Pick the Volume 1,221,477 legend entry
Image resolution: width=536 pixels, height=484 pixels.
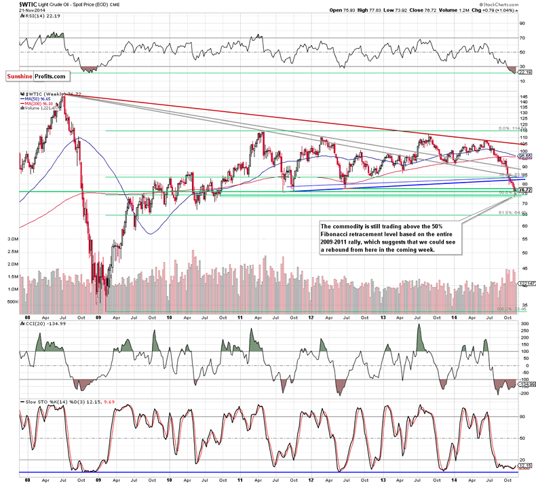coord(43,111)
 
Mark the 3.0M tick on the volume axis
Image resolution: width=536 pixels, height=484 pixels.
coord(11,240)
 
